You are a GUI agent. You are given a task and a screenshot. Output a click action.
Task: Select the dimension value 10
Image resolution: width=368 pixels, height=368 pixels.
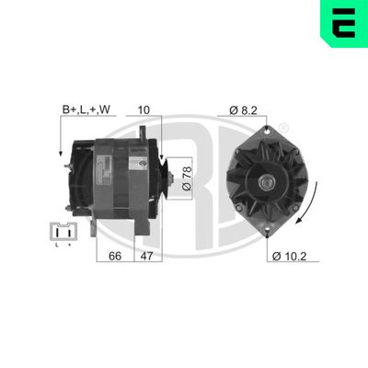[x=144, y=109]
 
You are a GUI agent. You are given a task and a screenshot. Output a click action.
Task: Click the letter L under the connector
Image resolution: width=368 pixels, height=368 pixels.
[x=55, y=246]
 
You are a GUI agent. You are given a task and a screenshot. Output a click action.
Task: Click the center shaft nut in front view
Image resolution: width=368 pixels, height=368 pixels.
[x=269, y=182]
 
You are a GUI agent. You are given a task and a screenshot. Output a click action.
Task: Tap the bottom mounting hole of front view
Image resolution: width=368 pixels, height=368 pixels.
[x=269, y=230]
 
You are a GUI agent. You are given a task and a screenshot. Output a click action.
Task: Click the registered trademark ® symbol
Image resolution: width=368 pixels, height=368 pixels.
[x=283, y=126]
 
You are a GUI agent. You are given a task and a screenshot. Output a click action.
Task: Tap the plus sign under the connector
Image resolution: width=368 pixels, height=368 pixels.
[x=67, y=246]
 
